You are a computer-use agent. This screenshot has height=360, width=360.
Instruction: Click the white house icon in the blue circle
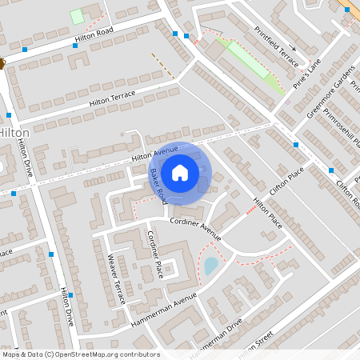(x=180, y=172)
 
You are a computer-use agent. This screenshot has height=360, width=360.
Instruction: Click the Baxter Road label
(x=157, y=186)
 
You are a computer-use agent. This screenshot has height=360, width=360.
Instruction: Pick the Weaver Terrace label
(x=117, y=278)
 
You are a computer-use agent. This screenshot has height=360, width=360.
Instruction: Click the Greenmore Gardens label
(x=332, y=94)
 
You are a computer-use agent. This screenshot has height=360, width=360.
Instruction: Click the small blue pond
(x=211, y=266)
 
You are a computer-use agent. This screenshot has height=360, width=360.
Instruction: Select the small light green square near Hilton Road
(x=77, y=16)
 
